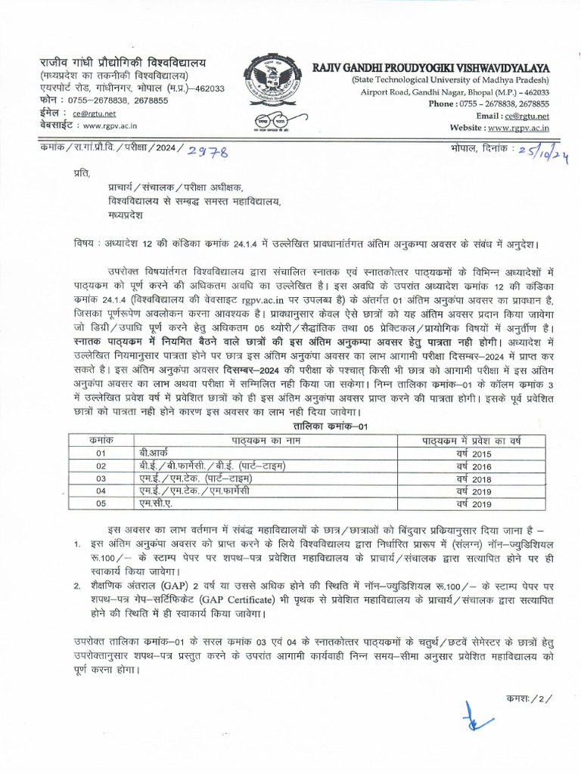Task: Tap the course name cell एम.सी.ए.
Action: coord(145,503)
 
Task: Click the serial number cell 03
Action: coord(101,478)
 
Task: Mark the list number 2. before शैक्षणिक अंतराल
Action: coord(77,585)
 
